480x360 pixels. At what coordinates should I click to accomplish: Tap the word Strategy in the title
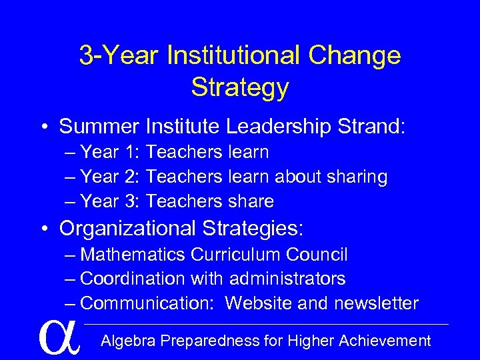[240, 87]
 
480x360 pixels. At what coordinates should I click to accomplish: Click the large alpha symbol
[59, 337]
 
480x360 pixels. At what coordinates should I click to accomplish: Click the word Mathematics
[133, 255]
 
